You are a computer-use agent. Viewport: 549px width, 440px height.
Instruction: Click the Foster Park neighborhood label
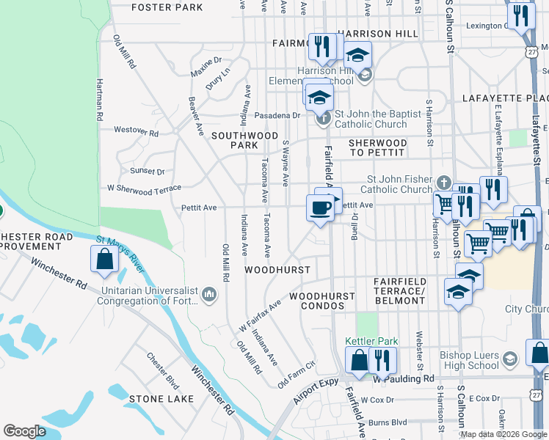pyautogui.click(x=167, y=7)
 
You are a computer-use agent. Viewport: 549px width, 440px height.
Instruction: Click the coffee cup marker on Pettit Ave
pyautogui.click(x=319, y=208)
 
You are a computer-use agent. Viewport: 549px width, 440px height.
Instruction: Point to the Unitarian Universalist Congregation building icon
pyautogui.click(x=209, y=295)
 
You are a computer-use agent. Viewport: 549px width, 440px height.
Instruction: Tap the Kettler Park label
pyautogui.click(x=371, y=341)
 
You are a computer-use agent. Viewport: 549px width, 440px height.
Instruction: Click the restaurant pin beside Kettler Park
pyautogui.click(x=382, y=359)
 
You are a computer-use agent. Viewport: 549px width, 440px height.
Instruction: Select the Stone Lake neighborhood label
pyautogui.click(x=161, y=399)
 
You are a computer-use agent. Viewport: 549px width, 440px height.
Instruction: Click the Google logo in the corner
pyautogui.click(x=24, y=431)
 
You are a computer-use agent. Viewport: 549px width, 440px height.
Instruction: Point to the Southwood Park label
pyautogui.click(x=245, y=140)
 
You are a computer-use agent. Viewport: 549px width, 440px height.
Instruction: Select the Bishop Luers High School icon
pyautogui.click(x=510, y=358)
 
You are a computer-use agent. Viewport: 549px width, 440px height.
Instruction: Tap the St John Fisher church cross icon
pyautogui.click(x=443, y=183)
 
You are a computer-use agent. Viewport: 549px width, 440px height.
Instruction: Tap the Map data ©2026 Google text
pyautogui.click(x=503, y=434)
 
